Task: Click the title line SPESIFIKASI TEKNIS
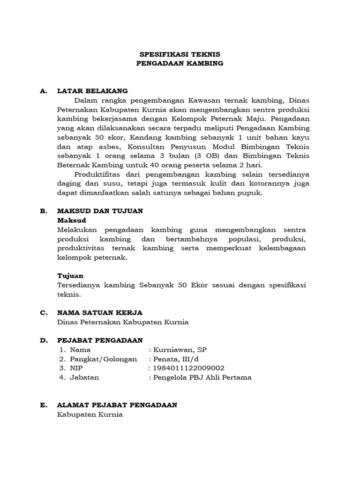coord(180,54)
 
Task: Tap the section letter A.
coord(44,91)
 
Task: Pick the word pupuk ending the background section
coord(250,193)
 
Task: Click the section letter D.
coord(44,340)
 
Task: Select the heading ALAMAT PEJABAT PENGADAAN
coord(117,405)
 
